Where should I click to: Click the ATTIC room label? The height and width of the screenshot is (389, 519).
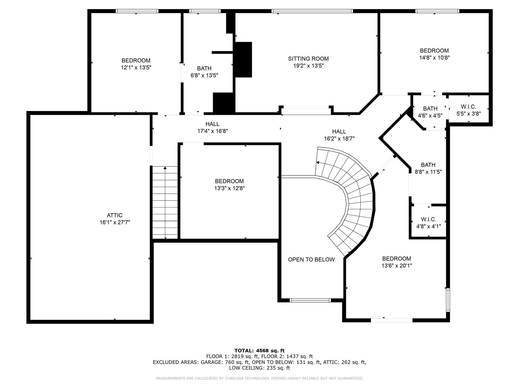tap(115, 215)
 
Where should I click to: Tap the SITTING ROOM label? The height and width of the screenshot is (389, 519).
tap(308, 59)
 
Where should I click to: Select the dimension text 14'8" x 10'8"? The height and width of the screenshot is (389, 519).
tap(434, 58)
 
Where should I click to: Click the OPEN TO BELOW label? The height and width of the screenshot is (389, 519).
tap(311, 260)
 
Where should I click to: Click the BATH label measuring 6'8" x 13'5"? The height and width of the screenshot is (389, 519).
tap(204, 68)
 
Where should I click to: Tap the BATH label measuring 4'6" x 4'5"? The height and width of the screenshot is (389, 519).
tap(430, 109)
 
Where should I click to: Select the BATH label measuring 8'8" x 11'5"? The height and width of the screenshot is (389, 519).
tap(428, 165)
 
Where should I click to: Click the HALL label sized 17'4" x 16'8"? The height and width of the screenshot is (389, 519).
tap(212, 124)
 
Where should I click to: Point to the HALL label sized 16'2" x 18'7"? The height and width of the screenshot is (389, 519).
tap(339, 132)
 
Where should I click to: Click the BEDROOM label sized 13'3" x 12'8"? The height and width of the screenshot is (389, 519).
tap(229, 181)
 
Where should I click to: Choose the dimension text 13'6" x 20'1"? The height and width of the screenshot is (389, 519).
tap(397, 266)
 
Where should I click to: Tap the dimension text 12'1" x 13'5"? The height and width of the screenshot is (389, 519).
tap(136, 68)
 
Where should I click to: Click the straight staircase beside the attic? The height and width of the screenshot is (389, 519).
tap(165, 203)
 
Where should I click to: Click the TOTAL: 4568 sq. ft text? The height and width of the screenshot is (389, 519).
tap(259, 351)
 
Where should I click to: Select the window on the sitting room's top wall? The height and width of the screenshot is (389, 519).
tap(312, 11)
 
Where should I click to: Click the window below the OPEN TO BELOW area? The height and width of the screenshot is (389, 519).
tap(310, 300)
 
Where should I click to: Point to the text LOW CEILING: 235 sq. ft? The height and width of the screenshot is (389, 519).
tap(259, 368)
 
